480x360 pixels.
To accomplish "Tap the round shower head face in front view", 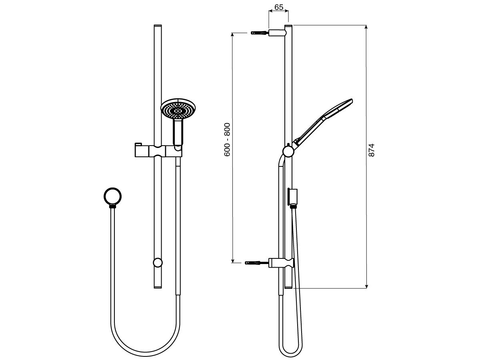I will pyautogui.click(x=176, y=109).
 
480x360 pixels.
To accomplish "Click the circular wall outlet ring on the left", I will pyautogui.click(x=113, y=196).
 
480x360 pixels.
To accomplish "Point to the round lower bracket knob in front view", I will pyautogui.click(x=158, y=262).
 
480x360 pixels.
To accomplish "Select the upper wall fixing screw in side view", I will pyautogui.click(x=259, y=32).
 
